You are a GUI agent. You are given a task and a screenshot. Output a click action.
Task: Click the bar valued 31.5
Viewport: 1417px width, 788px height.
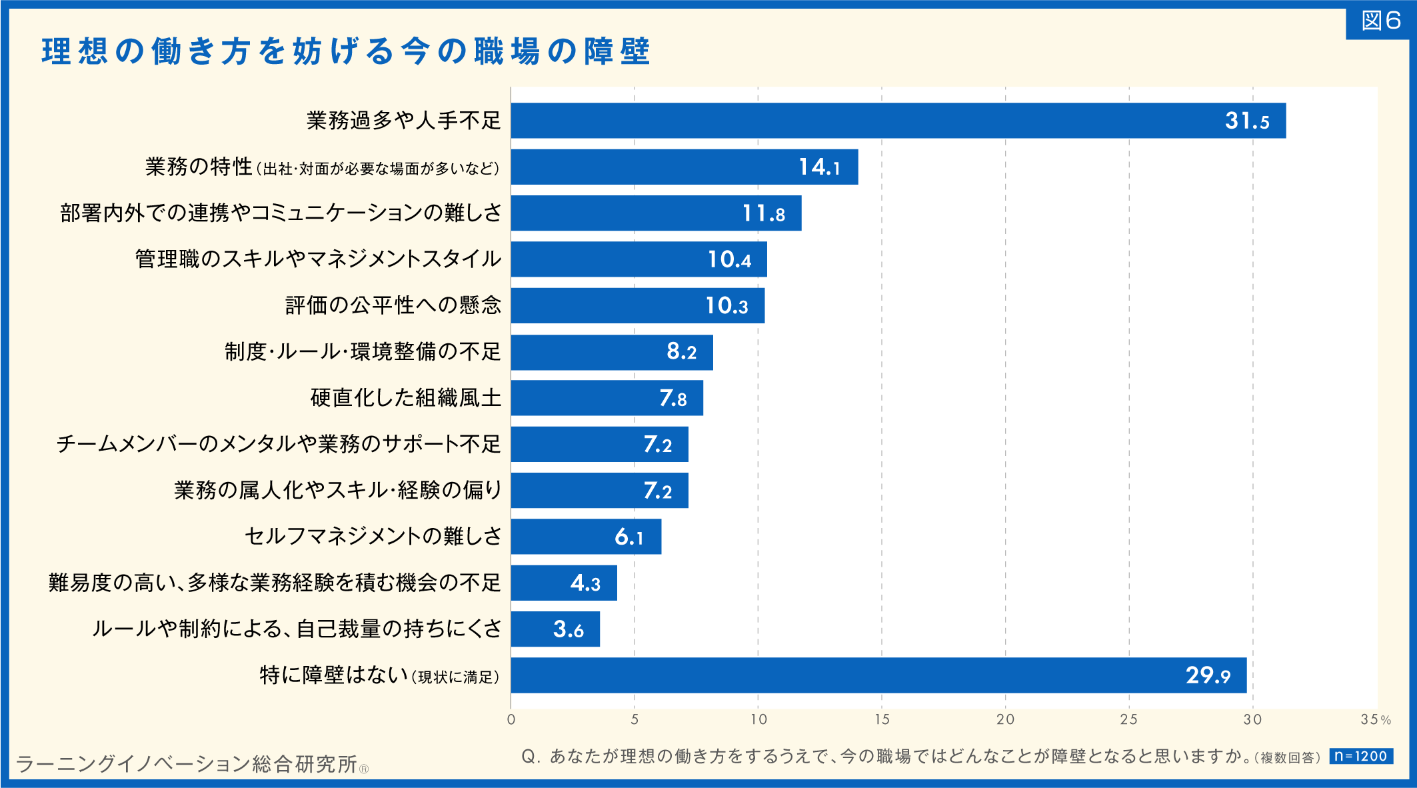point(898,121)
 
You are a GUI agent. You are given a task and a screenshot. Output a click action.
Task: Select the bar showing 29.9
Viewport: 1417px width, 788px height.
point(878,675)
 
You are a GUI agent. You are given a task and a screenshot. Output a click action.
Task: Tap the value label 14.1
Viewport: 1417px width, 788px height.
point(819,167)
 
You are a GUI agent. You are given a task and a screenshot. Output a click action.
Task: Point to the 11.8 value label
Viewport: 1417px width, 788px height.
point(763,213)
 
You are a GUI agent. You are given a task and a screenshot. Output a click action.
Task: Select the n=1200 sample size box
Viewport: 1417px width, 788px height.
point(1360,756)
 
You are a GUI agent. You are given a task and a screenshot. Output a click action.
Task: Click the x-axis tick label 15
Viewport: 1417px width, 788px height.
point(882,719)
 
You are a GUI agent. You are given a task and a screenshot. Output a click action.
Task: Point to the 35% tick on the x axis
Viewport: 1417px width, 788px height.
point(1375,719)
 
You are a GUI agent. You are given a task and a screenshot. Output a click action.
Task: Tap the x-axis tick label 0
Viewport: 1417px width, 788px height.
point(511,719)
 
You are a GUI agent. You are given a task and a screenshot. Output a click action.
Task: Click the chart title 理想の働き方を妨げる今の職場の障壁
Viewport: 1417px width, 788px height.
point(345,51)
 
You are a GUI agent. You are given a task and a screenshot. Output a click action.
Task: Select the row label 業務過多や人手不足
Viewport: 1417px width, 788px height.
point(403,121)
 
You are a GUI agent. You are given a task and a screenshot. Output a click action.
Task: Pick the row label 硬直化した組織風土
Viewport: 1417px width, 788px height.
point(405,398)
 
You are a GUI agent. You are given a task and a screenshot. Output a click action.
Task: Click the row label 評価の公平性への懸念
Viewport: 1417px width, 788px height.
point(393,305)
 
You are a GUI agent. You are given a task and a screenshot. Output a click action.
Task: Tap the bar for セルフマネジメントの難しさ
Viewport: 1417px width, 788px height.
point(586,537)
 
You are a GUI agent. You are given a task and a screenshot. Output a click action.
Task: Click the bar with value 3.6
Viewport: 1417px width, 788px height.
point(555,629)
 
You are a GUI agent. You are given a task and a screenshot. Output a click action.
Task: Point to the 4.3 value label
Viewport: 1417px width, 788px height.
point(585,583)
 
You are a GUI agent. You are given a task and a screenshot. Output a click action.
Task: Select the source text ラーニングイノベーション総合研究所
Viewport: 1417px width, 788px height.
point(187,764)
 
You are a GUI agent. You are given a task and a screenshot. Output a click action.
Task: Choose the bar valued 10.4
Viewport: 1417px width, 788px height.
point(639,259)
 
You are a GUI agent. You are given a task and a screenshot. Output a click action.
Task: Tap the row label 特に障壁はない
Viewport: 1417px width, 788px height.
point(333,675)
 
